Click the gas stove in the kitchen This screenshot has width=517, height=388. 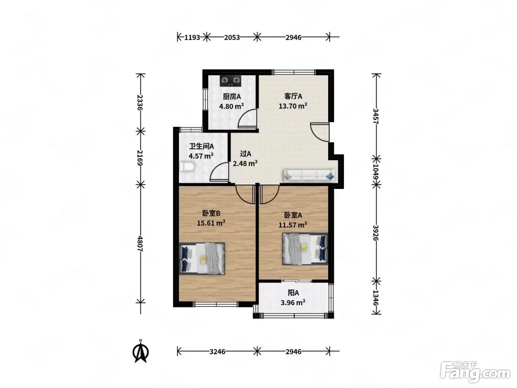pos(231,81)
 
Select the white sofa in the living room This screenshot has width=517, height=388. pos(309,175)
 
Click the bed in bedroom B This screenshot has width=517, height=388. pos(202,259)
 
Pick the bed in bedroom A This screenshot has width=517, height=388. pos(305,249)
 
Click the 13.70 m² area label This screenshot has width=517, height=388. pos(293,106)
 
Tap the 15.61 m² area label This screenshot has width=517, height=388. pos(211,223)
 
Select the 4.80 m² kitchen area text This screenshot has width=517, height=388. pos(231,106)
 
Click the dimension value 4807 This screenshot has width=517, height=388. pos(140,244)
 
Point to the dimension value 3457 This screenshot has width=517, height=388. pos(376,116)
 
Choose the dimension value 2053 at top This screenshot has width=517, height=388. pos(232,37)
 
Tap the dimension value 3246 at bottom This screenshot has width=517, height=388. pos(217,352)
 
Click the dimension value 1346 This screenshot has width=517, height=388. pos(376,298)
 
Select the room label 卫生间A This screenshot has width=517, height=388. pos(202,146)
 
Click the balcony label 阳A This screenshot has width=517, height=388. pos(293,293)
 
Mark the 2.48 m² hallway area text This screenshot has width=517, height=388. pos(245,163)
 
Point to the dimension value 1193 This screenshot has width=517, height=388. pos(192,37)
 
